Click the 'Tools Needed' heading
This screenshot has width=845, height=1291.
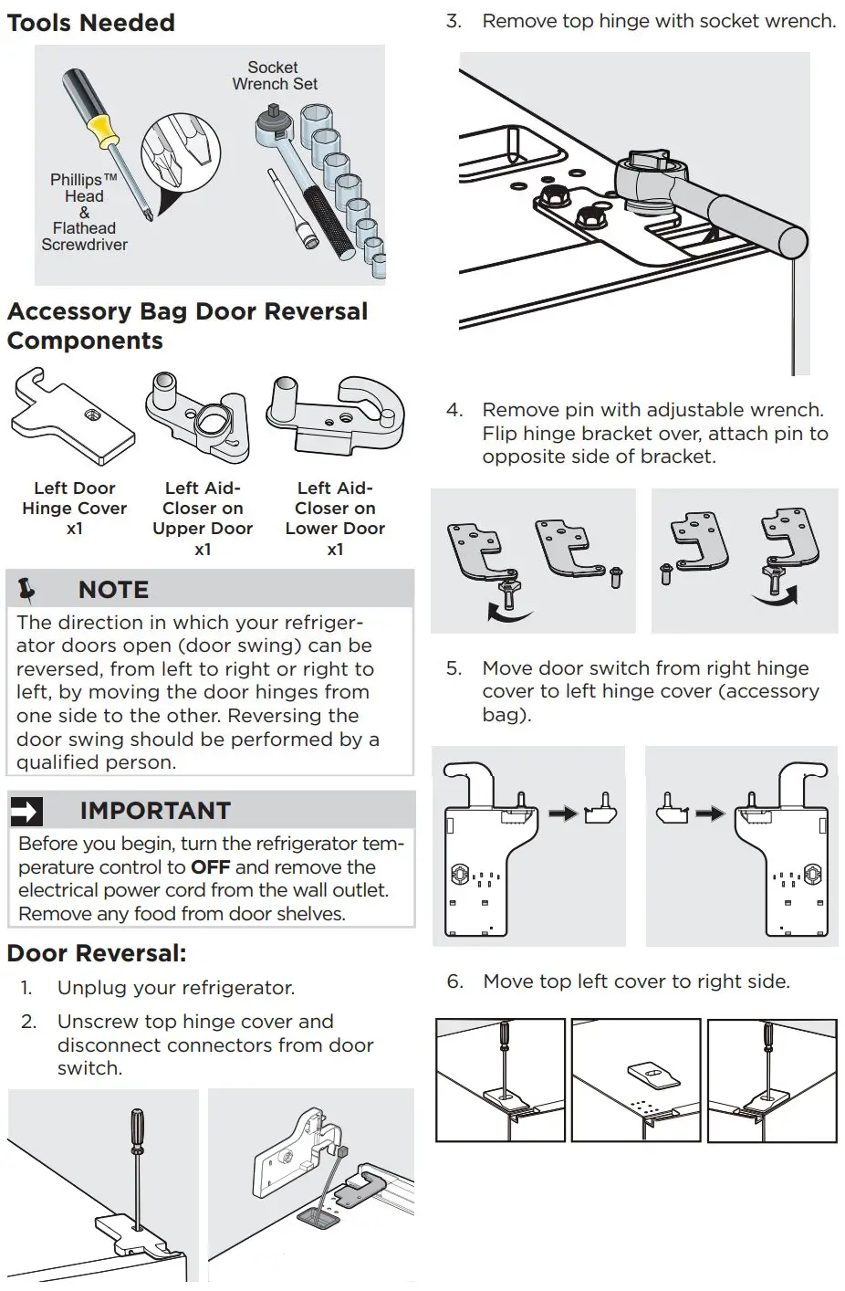90,22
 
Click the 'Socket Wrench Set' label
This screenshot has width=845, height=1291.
274,76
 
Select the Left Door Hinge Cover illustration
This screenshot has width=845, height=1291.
72,418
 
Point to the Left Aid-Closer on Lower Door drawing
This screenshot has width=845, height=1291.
334,415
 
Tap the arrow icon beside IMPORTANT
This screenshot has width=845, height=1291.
27,811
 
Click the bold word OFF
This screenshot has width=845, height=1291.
210,867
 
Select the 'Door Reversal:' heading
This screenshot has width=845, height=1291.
97,953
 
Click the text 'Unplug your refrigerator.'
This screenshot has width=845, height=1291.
175,988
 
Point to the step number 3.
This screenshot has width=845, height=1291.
453,21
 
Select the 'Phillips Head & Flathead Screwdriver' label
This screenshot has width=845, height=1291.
84,212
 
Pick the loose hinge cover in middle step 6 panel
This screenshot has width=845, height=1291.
654,1074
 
